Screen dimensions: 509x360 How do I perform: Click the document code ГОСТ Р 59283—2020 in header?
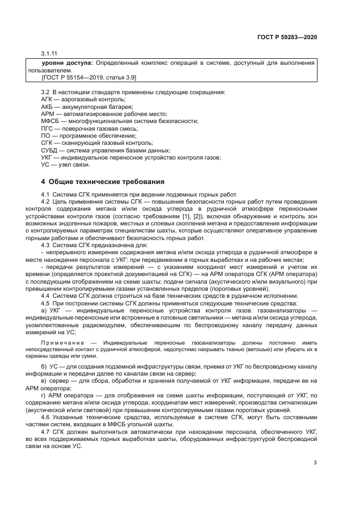coord(287,38)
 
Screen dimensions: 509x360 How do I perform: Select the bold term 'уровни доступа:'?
coord(68,64)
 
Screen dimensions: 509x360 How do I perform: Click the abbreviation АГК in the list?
coord(48,100)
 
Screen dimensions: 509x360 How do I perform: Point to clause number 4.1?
coord(46,194)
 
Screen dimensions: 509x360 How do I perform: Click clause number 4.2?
coord(46,201)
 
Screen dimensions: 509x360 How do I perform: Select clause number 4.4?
coord(46,296)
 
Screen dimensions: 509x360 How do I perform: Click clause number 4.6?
coord(46,417)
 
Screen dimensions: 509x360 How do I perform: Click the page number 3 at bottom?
coord(315,463)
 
